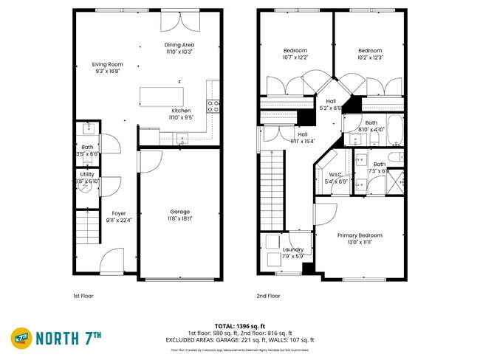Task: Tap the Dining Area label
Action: [x=179, y=45]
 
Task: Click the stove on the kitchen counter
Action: [x=213, y=105]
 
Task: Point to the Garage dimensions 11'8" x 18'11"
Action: [x=179, y=219]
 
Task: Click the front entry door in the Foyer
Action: [x=112, y=260]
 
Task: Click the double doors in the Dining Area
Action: [x=179, y=21]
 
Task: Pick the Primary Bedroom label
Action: [x=360, y=235]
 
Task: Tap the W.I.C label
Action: [x=336, y=174]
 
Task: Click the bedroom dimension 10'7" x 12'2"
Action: [x=294, y=58]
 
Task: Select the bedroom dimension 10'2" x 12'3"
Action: [x=370, y=58]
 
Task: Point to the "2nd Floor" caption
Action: [x=268, y=296]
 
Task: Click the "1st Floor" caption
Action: [x=83, y=296]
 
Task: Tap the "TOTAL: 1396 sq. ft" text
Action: [x=240, y=325]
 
